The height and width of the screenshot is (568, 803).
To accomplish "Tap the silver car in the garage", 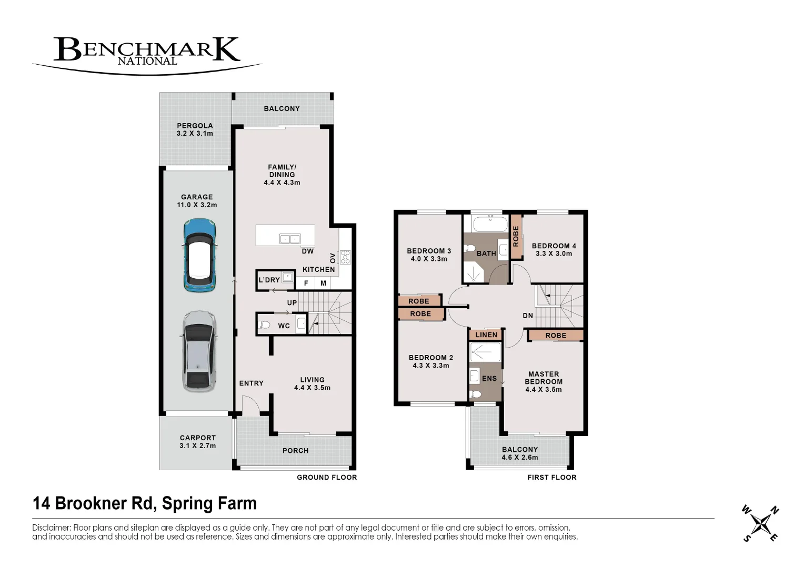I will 199,351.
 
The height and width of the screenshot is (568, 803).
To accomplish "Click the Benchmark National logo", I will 147,53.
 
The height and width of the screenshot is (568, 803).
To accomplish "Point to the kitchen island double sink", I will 289,239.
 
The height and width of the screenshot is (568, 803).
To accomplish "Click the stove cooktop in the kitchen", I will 345,257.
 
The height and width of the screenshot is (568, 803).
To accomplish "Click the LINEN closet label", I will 486,334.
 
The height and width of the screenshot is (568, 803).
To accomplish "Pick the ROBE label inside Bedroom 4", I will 516,236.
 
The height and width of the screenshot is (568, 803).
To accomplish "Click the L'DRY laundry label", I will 269,280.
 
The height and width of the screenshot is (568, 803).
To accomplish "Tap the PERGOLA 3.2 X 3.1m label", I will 195,129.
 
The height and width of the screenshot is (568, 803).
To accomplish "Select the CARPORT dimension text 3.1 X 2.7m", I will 198,445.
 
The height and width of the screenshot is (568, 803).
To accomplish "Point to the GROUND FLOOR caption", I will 327,478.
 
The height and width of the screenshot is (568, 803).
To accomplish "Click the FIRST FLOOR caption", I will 551,478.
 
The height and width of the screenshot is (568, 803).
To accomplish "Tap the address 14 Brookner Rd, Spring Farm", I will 145,503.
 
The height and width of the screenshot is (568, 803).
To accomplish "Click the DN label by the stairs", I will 528,316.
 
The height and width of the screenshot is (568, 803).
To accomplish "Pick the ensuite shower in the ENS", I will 485,352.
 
